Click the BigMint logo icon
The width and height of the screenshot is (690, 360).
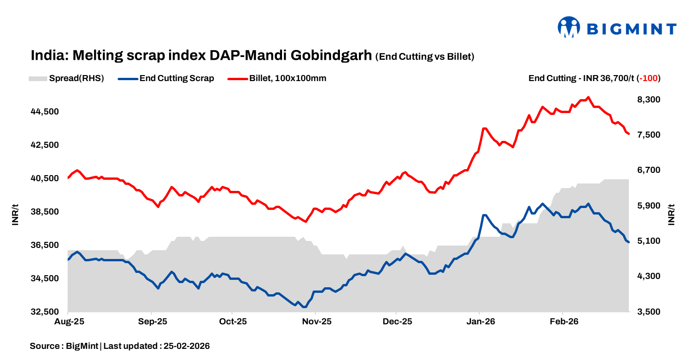[x=569, y=27]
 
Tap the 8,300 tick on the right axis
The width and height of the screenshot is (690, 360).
[x=648, y=100]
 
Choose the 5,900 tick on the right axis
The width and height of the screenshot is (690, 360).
[x=648, y=206]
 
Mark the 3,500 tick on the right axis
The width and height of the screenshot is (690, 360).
[x=648, y=312]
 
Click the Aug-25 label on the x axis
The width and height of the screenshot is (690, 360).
[x=69, y=322]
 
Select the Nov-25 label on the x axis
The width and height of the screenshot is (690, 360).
[x=315, y=322]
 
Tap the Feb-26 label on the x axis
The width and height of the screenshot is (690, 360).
[x=562, y=322]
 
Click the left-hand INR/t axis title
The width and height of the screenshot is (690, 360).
[x=15, y=215]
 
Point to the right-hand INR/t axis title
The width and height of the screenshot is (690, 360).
[x=671, y=215]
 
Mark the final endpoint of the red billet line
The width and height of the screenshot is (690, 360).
[x=628, y=134]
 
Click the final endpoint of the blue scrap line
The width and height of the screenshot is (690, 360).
[x=628, y=242]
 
